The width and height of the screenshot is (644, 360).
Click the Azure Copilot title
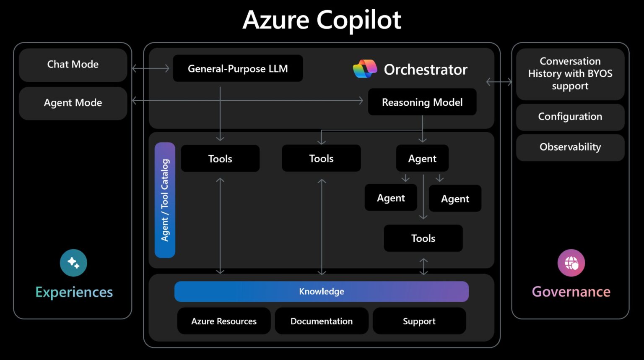322,20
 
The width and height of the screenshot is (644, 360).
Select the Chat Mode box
73,65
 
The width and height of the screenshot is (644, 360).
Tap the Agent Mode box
73,103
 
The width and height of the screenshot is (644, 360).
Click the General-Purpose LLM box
238,68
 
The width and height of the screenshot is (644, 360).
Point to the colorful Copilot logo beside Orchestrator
365,69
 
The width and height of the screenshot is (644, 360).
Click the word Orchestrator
425,70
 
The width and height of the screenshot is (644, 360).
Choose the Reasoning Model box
422,102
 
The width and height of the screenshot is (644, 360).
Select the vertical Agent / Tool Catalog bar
165,200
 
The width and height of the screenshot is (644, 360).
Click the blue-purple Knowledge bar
321,291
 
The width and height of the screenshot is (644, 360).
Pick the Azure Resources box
224,321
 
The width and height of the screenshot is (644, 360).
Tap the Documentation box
322,321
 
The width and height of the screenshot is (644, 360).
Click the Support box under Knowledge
419,321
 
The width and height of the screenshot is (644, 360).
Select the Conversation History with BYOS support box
570,74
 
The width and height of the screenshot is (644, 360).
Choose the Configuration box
570,117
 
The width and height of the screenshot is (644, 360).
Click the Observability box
570,147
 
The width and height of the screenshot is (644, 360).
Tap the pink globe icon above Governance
571,263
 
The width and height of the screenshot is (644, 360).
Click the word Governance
571,292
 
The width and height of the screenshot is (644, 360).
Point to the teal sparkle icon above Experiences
73,263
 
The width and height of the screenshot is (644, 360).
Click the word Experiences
74,292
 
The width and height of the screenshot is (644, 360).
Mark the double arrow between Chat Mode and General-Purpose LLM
151,68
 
